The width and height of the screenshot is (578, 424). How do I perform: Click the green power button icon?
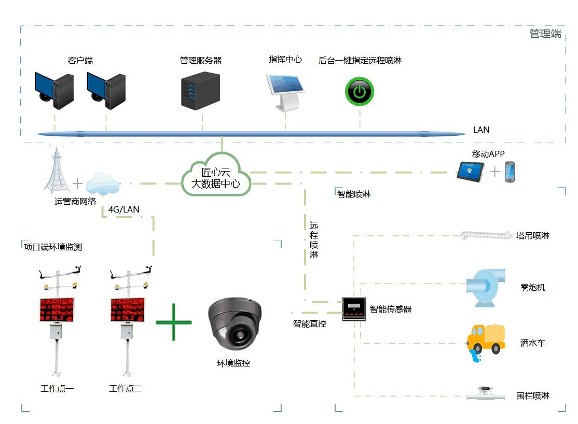pyautogui.click(x=360, y=92)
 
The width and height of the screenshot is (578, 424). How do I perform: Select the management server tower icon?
pyautogui.click(x=200, y=90)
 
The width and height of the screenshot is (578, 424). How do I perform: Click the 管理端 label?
pyautogui.click(x=545, y=34)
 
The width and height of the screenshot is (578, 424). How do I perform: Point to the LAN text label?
pyautogui.click(x=481, y=130)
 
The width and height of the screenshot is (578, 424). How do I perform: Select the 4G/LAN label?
pyautogui.click(x=123, y=209)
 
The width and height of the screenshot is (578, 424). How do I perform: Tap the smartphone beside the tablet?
pyautogui.click(x=510, y=172)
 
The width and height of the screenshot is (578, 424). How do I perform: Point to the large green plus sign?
pyautogui.click(x=174, y=322)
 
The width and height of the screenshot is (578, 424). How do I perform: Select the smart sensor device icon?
pyautogui.click(x=354, y=309)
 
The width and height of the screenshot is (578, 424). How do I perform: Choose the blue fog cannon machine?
pyautogui.click(x=485, y=287)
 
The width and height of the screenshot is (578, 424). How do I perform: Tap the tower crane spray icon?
pyautogui.click(x=485, y=235)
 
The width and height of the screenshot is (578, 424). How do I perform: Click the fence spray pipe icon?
pyautogui.click(x=486, y=394)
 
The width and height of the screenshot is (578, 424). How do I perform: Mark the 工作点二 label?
pyautogui.click(x=126, y=389)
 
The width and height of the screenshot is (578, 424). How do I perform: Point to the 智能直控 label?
pyautogui.click(x=310, y=324)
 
